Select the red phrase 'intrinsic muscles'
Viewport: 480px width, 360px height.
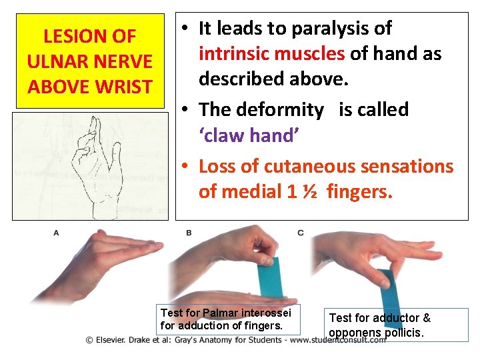272,53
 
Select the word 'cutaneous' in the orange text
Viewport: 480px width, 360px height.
297,166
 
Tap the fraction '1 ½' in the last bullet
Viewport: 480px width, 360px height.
301,192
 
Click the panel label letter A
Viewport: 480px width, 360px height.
56,233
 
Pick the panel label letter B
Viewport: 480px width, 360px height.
189,233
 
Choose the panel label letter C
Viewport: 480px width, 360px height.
301,233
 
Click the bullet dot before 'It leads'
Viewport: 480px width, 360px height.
185,29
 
